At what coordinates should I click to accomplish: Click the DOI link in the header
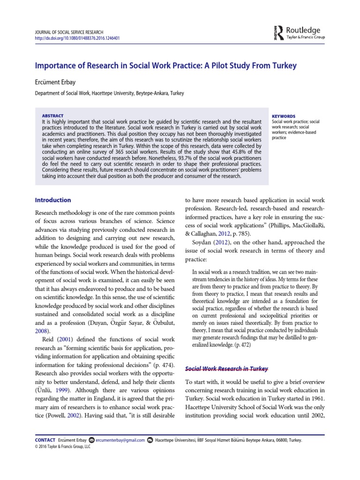77,38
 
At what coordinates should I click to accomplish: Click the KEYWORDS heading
284,116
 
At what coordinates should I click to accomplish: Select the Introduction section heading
53,200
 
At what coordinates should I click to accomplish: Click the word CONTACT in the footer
45,440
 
